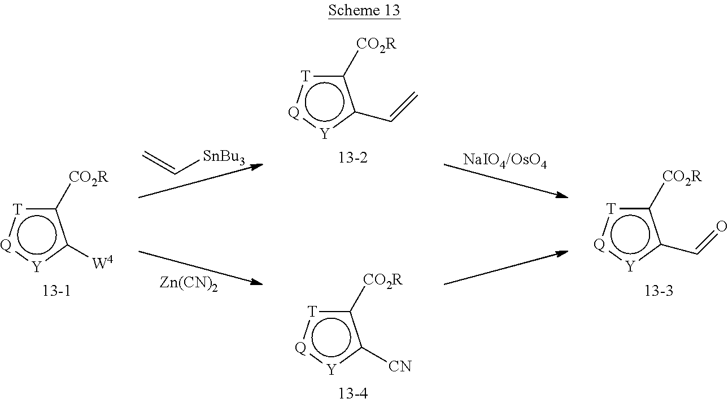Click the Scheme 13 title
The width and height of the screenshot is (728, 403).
(364, 10)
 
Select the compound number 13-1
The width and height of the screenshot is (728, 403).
(56, 291)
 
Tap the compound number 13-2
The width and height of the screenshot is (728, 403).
(352, 157)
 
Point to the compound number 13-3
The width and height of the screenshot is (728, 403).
(659, 291)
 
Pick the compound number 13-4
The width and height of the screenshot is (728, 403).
(353, 393)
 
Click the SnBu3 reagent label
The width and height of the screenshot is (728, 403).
(224, 157)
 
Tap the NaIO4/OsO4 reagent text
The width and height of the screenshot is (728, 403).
(505, 160)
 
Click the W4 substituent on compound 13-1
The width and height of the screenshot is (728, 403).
(103, 262)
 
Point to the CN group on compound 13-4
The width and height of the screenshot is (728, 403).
(400, 366)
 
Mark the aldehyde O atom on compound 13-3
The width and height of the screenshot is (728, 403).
(721, 226)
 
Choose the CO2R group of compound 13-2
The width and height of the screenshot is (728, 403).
(376, 45)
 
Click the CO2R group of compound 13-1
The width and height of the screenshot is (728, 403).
(89, 178)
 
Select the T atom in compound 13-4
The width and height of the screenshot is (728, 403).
(312, 312)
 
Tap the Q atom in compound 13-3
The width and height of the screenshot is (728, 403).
(599, 244)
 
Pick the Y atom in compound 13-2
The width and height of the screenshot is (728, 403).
(325, 133)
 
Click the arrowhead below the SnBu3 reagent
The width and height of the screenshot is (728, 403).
(257, 167)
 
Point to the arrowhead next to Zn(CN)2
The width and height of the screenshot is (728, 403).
(256, 282)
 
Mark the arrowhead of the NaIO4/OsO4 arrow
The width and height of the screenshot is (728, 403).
(562, 195)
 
